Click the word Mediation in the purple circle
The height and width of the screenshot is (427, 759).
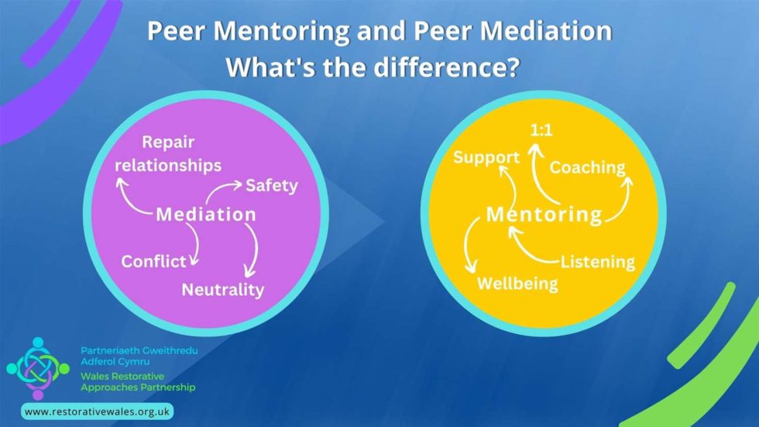(x=205, y=214)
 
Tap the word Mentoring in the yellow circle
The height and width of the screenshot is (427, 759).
(x=544, y=214)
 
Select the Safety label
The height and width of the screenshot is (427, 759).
(x=271, y=186)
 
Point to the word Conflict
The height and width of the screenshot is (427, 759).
(x=153, y=261)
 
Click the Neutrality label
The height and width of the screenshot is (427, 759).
(x=222, y=290)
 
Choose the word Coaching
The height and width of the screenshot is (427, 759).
(x=587, y=167)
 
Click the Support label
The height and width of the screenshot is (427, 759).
(x=486, y=158)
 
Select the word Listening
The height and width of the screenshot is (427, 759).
(x=597, y=262)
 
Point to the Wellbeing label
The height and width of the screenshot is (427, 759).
(x=517, y=283)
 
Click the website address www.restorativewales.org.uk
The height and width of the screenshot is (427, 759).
(x=98, y=412)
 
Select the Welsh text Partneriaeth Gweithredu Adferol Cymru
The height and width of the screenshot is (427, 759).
(x=139, y=356)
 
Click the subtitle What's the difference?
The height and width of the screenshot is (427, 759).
(x=372, y=67)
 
